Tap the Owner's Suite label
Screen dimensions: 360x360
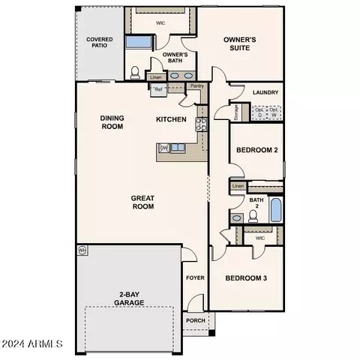(x=241, y=44)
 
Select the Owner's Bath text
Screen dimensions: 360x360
(x=175, y=58)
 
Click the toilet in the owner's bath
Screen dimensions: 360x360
(x=135, y=73)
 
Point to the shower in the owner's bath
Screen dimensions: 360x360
(x=139, y=42)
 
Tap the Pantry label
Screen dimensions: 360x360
(x=197, y=86)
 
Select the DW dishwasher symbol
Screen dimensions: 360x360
(x=163, y=148)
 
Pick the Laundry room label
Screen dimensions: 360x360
(x=266, y=93)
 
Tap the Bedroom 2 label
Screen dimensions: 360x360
(x=257, y=150)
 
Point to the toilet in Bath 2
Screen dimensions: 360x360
(x=253, y=216)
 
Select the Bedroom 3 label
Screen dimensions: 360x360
(x=247, y=278)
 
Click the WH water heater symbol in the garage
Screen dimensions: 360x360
(x=82, y=250)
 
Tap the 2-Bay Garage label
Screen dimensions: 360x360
(x=130, y=298)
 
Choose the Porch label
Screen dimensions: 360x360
(x=196, y=321)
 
